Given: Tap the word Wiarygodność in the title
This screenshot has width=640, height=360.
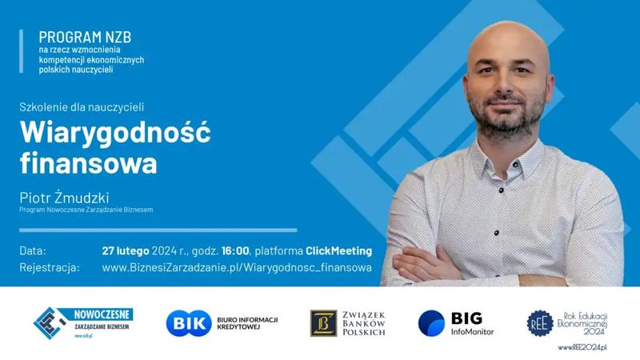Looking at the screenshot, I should click(x=116, y=131).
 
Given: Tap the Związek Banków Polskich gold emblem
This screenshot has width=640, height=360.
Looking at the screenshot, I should click(x=323, y=322).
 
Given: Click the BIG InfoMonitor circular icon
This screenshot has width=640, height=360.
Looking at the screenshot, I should click(x=431, y=322).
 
